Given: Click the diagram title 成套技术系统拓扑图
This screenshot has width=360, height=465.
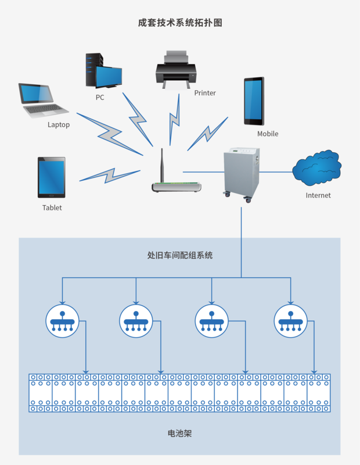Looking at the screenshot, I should pyautogui.click(x=180, y=23).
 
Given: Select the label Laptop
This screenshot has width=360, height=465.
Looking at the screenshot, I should pyautogui.click(x=59, y=124).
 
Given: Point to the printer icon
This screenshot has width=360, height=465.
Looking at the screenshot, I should pyautogui.click(x=175, y=69).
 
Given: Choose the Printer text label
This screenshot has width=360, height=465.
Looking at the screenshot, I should pyautogui.click(x=205, y=93).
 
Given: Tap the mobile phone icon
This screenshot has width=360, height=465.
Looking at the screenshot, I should pyautogui.click(x=254, y=101).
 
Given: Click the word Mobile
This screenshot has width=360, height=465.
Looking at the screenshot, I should pyautogui.click(x=268, y=134).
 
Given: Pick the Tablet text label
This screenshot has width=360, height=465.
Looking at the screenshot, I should pyautogui.click(x=52, y=208).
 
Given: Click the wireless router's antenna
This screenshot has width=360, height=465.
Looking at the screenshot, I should pyautogui.click(x=163, y=165).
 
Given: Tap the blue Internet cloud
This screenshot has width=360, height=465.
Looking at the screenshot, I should pyautogui.click(x=317, y=169).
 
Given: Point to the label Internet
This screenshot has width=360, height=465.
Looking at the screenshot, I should pyautogui.click(x=318, y=195).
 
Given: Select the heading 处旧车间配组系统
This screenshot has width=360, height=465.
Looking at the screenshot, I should pyautogui.click(x=180, y=255).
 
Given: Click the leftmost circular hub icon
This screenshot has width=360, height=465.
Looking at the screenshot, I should pyautogui.click(x=62, y=321).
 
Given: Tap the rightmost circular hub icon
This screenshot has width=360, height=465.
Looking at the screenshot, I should pyautogui.click(x=291, y=321).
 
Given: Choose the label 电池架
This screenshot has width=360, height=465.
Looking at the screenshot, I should pyautogui.click(x=179, y=434).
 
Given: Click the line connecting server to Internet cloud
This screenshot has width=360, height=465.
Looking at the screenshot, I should pyautogui.click(x=276, y=172).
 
